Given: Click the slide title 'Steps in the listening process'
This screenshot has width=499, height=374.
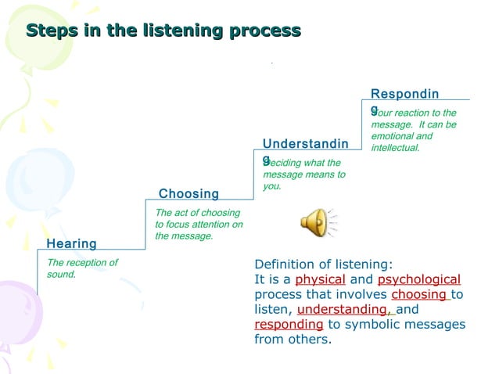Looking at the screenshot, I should pos(163,31).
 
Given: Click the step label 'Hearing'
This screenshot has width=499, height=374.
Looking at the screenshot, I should pos(72,243).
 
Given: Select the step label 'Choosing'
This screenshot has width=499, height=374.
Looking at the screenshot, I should pos(188,193).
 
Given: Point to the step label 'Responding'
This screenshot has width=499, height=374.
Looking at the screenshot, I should pos(404,94).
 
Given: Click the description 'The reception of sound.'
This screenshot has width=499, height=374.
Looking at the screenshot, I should pos(81,268).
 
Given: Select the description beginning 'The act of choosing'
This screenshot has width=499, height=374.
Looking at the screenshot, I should pos(199,224).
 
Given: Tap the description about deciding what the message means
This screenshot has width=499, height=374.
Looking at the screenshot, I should pos(304,174).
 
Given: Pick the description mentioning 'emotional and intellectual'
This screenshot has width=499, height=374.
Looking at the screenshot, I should pos(414,130).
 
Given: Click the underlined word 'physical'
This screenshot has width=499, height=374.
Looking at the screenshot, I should pos(320,279).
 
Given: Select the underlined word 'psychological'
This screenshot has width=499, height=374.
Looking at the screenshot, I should pos(418,279).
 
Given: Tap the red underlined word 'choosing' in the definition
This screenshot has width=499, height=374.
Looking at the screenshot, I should pos(419,294).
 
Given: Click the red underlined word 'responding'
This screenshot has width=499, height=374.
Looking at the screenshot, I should pos(289,324).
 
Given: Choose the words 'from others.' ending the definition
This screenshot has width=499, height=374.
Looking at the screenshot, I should pos(293,339).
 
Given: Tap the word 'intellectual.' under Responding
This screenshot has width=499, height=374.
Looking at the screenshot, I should pos(395,147).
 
